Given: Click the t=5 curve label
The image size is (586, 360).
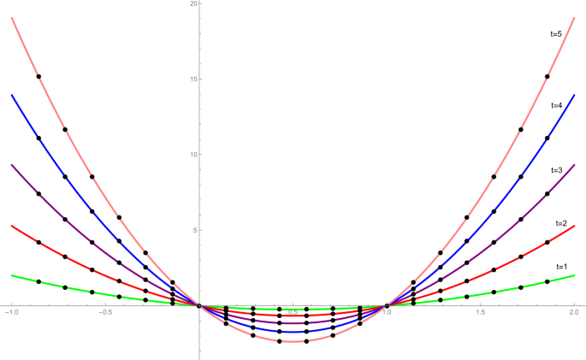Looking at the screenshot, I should point(556,34).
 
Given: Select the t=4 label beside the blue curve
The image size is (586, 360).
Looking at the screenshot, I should point(556,104).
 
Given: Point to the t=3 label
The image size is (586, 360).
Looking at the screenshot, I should point(556,170).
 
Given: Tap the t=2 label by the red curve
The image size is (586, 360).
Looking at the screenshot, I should point(561,223).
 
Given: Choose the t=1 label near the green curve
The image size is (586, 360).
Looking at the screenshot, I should point(561,267).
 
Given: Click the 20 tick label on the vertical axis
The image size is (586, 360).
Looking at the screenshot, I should point(194,4).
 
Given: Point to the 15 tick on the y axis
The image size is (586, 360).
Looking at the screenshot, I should point(194,80).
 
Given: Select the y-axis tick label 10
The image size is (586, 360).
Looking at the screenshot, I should point(194,155).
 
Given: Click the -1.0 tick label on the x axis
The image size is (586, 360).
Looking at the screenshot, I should point(11,314).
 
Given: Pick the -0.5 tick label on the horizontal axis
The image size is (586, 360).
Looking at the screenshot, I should point(105,314).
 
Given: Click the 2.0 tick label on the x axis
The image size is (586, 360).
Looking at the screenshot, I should point(574,314).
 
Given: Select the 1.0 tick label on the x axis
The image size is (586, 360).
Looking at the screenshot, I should point(388,313).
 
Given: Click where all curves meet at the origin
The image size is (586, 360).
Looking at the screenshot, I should point(199,305).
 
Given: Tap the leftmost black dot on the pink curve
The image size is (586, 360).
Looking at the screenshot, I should point(38,76).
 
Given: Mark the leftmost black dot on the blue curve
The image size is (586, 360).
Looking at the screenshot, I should point(38,139).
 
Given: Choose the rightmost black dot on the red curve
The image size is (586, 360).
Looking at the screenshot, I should point(548,242).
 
